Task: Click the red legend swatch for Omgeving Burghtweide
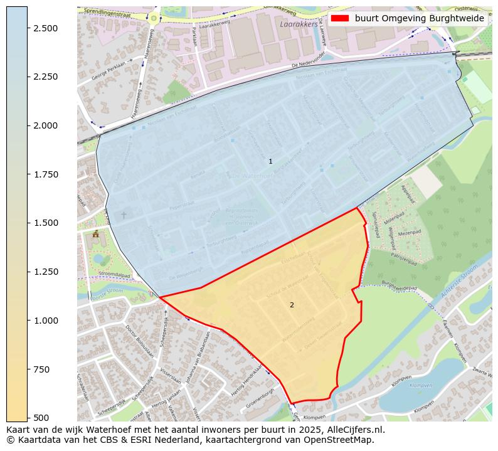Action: pos(339,19)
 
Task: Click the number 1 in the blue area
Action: pos(270,161)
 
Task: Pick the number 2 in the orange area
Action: pos(292,305)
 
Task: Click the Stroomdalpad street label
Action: pos(114,275)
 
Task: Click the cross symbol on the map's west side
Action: pos(123,215)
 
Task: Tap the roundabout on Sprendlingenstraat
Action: pos(153,18)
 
